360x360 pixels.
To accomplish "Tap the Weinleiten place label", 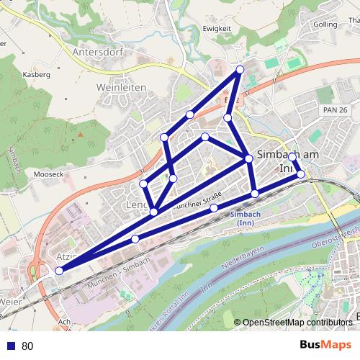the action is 121,87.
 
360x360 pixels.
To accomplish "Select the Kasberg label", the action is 36,74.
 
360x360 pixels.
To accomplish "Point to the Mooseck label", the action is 50,174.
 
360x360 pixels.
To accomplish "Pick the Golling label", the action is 325,24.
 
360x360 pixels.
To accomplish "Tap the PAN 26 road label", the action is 336,109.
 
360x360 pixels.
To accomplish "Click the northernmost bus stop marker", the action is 240,69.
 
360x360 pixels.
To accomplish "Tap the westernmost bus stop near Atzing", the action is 59,271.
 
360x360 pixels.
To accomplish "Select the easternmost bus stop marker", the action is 301,174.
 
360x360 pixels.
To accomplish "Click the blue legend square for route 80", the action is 11,346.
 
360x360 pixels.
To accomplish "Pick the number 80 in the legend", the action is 27,346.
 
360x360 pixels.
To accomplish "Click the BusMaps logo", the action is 324,346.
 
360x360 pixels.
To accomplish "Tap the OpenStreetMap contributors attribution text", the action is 297,323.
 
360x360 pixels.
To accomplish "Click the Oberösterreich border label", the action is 335,237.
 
